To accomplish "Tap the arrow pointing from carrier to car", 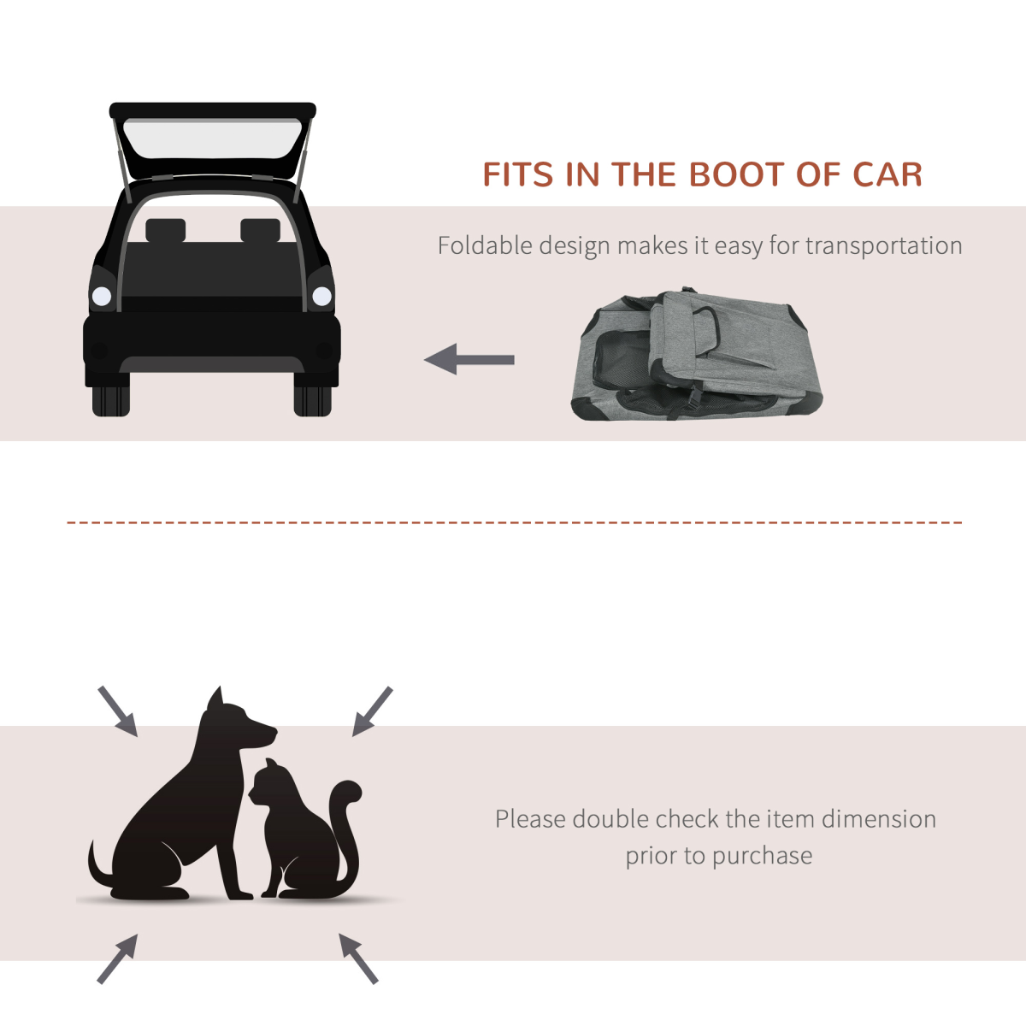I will click(x=469, y=359).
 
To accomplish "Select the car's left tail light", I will click(x=102, y=297).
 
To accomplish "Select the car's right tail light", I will click(x=321, y=297).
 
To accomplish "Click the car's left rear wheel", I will click(x=110, y=400).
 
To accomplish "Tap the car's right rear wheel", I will click(x=312, y=400).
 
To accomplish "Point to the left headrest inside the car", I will click(x=165, y=230).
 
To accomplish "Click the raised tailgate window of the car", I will click(x=212, y=139).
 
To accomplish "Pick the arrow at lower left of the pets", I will click(x=117, y=958).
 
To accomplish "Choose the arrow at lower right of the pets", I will click(x=358, y=958).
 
